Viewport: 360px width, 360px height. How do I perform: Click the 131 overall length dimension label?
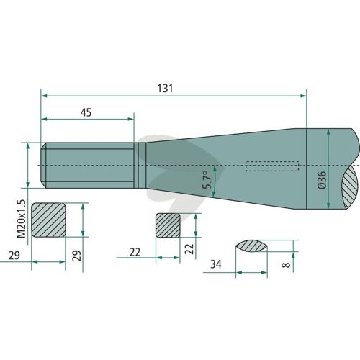[165, 89]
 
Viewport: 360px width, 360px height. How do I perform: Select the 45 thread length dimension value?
[86, 112]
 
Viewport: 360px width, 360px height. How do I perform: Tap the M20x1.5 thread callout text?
[22, 218]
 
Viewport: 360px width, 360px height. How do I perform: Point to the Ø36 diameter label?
[322, 180]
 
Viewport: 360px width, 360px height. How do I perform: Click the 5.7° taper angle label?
[207, 180]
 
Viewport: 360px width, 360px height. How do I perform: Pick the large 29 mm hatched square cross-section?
[49, 220]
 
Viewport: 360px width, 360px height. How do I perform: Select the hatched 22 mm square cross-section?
[168, 225]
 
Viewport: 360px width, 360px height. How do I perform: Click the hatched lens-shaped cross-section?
[251, 246]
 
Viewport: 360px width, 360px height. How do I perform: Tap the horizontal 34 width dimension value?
[215, 264]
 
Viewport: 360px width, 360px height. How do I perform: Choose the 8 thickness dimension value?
[286, 265]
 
